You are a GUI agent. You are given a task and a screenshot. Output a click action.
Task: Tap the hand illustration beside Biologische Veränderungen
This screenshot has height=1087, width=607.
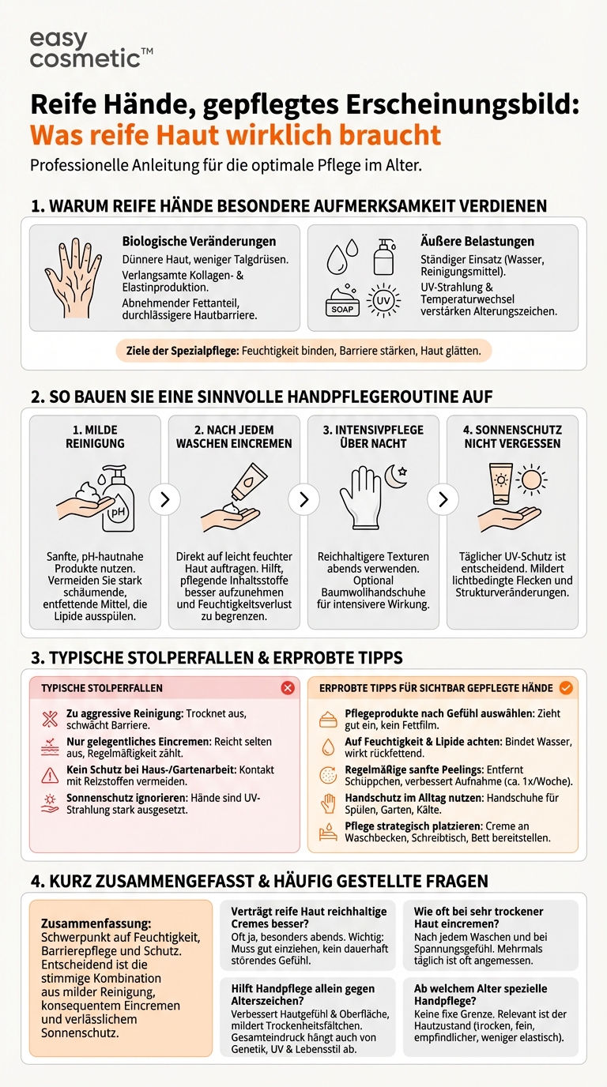pos(74,277)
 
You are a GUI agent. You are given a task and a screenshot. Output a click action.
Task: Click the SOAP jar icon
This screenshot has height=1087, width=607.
pos(342,303)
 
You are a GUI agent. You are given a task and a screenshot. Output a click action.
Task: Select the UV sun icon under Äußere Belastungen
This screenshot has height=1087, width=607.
pos(383,300)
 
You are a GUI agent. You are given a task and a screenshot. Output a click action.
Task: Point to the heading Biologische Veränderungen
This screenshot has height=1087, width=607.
pos(198,241)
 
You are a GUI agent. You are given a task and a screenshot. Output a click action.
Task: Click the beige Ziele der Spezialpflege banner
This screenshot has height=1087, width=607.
pos(303,350)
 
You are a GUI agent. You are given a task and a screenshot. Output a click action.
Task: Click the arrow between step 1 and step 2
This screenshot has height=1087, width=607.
pos(164,499)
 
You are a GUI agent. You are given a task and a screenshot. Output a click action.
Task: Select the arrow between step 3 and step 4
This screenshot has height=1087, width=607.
pos(443,499)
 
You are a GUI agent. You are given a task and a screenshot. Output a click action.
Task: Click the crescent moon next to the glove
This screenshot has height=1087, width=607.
pos(395,475)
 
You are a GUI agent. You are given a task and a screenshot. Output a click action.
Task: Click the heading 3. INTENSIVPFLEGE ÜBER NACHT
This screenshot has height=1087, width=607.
pos(373,436)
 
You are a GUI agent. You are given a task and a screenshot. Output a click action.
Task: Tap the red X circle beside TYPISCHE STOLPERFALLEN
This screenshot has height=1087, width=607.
pos(288,688)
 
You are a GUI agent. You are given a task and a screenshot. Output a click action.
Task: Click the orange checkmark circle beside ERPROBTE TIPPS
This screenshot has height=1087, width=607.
pos(566,688)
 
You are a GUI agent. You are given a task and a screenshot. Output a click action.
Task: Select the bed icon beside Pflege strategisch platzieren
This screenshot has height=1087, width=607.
pos(327,832)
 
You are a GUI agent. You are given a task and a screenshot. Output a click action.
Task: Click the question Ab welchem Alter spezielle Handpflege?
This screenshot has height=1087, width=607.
pos(481,995)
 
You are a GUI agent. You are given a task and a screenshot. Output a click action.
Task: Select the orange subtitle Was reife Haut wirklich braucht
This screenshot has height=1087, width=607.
pos(236,134)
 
